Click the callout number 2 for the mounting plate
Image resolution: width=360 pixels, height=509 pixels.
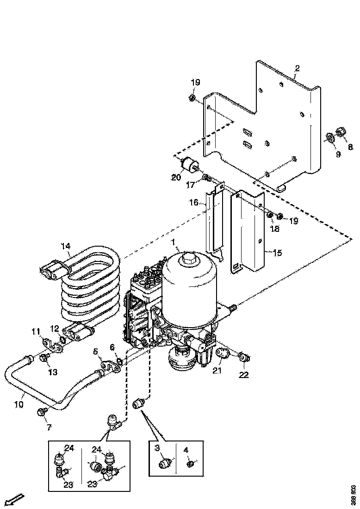(x=297, y=68)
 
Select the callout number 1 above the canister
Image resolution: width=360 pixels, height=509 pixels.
(x=174, y=242)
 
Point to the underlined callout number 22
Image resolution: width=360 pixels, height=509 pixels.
(x=243, y=374)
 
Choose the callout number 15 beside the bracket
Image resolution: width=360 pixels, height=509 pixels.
(x=277, y=253)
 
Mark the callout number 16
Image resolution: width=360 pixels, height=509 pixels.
(x=194, y=203)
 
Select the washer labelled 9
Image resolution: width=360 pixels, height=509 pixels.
(x=330, y=137)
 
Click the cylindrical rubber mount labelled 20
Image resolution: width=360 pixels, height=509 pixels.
(x=189, y=165)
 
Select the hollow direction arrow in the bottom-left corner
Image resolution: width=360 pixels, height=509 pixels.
(x=15, y=500)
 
